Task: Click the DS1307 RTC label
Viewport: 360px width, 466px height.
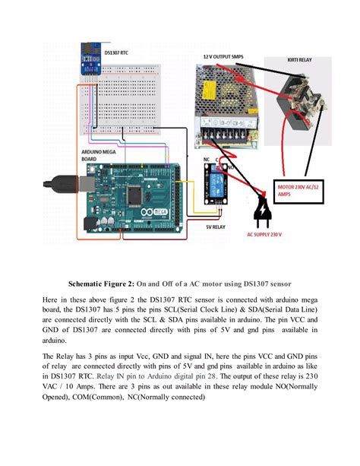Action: point(96,52)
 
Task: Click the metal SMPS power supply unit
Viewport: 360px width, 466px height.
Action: point(225,99)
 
